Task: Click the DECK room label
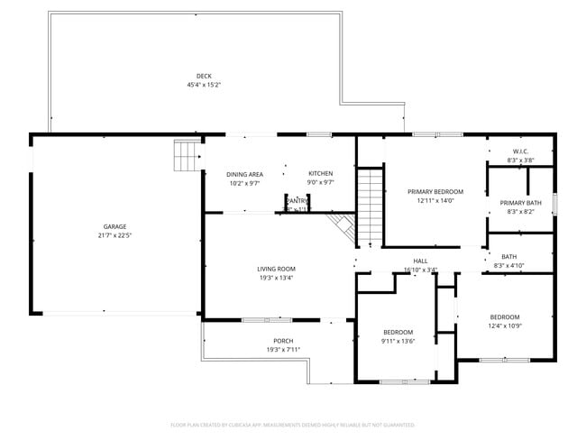204,76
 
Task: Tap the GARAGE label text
114,226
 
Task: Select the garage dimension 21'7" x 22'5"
114,235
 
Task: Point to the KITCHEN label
321,173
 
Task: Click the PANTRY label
298,201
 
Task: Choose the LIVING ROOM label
276,269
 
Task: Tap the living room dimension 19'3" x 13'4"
276,278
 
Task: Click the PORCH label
283,341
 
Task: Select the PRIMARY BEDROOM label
435,192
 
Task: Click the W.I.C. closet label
520,151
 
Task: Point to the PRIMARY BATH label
520,203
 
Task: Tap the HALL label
420,261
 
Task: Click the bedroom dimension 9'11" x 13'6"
398,341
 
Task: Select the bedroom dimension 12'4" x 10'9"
505,325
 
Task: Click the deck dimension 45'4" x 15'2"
204,85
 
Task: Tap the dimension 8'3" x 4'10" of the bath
509,266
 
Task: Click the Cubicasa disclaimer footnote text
292,424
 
